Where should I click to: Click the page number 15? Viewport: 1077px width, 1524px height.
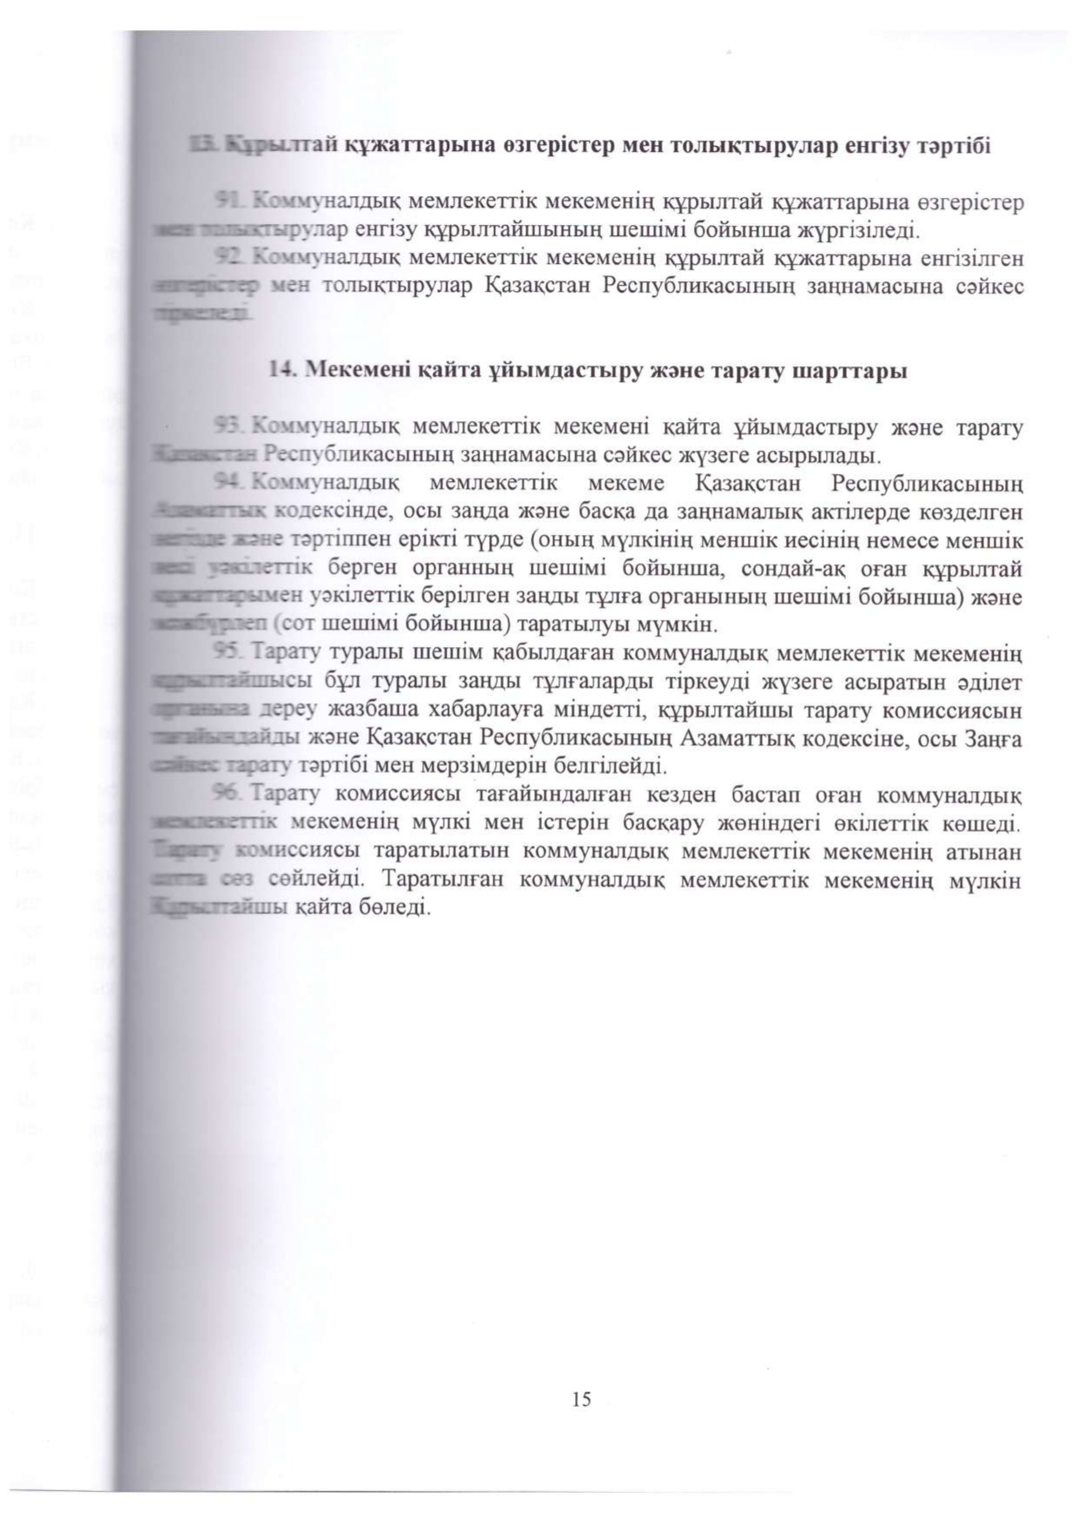pos(581,1399)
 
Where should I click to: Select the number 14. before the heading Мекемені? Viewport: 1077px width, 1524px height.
pos(283,371)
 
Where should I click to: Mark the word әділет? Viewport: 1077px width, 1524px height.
pos(990,681)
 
